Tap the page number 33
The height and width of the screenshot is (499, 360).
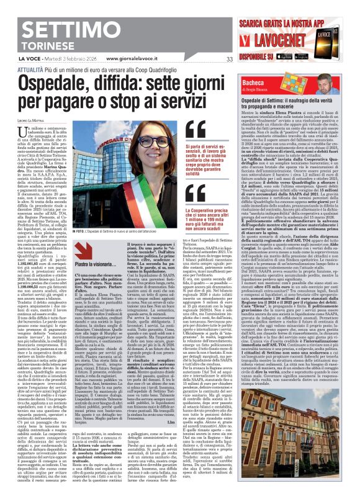pyautogui.click(x=212, y=60)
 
